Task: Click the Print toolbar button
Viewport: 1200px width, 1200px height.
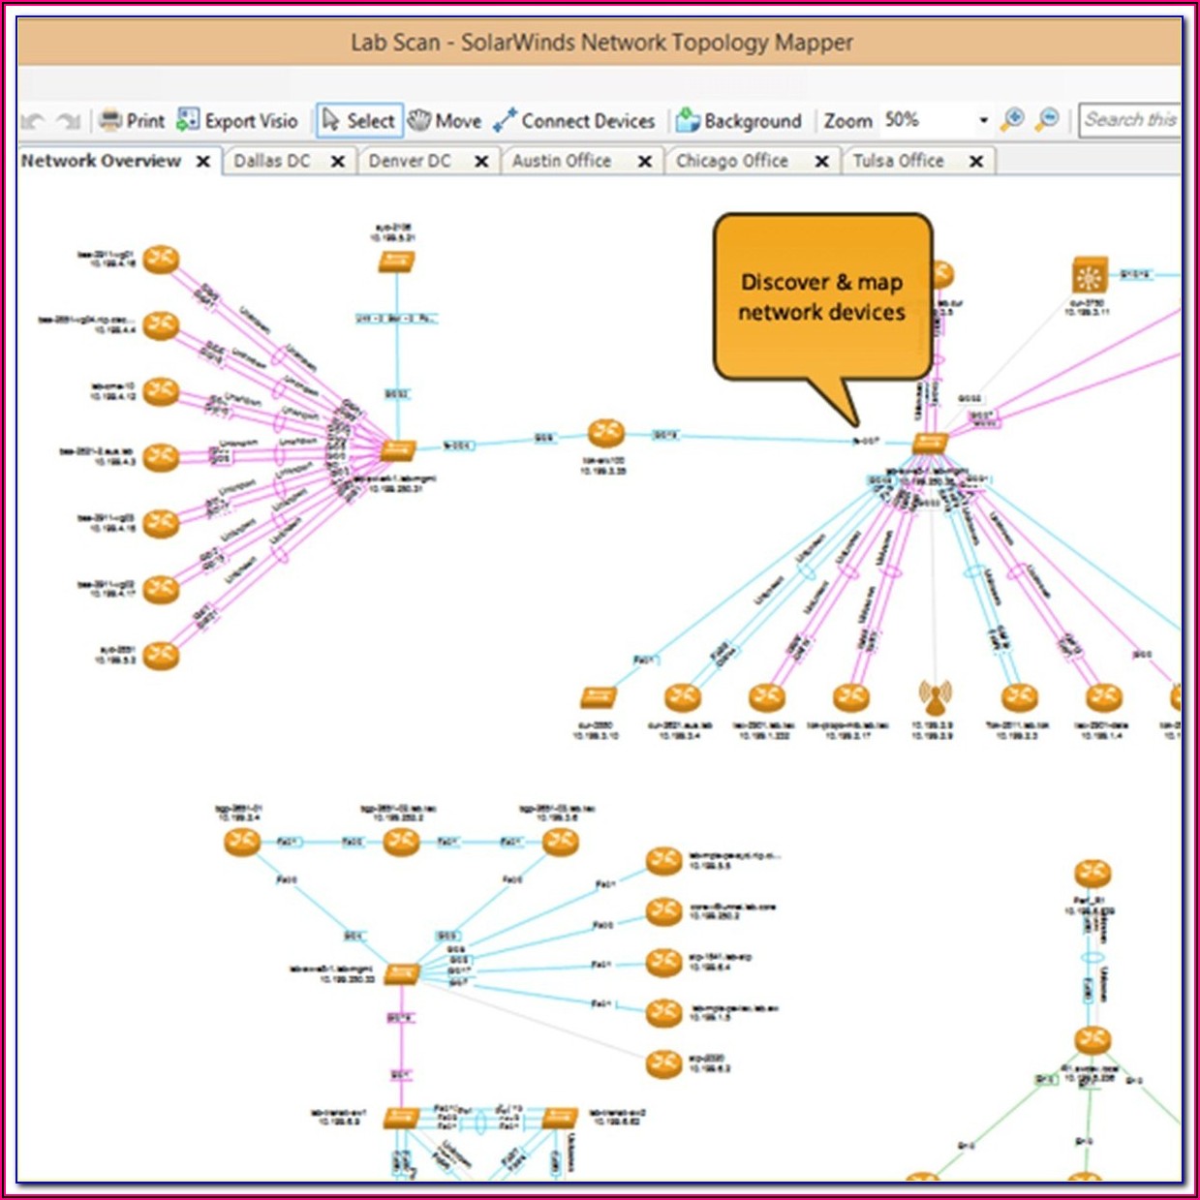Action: click(x=133, y=121)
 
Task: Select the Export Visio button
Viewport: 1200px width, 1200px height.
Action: click(x=238, y=121)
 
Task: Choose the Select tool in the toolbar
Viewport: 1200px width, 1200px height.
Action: click(x=359, y=121)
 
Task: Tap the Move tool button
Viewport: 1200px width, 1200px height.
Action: click(x=446, y=121)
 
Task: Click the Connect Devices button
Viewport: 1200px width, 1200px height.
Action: click(x=574, y=121)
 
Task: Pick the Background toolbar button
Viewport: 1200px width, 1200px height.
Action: click(x=739, y=121)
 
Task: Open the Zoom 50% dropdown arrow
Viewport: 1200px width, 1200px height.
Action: click(x=983, y=121)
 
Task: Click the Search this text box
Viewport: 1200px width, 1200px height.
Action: click(x=1129, y=120)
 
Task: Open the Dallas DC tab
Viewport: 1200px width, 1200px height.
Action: click(x=272, y=161)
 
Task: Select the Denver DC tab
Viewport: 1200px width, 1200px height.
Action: click(x=410, y=161)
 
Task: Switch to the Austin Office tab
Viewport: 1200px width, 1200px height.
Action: click(x=562, y=161)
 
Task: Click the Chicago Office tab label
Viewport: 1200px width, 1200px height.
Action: click(x=732, y=161)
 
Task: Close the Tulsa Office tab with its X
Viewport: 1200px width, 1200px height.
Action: click(x=976, y=162)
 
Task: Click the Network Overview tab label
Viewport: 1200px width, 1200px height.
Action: click(x=101, y=161)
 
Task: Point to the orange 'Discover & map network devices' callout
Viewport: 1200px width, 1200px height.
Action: click(x=822, y=297)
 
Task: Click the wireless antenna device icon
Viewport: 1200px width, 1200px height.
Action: click(x=934, y=697)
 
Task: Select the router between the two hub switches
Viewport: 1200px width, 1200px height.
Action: click(x=606, y=433)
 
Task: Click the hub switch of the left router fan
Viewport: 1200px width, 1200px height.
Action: click(x=397, y=449)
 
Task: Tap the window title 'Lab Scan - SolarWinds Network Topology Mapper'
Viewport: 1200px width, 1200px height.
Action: click(x=600, y=43)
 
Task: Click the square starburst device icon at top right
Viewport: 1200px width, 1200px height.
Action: click(x=1090, y=276)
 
